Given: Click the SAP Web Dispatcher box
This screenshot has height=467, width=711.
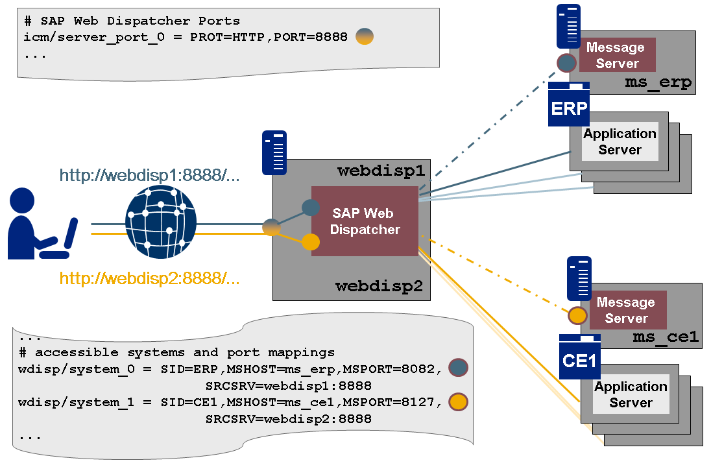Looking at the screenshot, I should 365,221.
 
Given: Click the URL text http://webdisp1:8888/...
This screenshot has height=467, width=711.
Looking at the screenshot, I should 150,175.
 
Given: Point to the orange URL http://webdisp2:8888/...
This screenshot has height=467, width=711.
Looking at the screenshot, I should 150,279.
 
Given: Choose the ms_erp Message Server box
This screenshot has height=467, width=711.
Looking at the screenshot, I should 617,55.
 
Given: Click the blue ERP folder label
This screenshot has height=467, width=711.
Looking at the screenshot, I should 569,108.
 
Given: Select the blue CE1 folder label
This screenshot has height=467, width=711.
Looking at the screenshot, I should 579,361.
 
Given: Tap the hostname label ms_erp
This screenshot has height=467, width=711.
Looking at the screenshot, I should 658,83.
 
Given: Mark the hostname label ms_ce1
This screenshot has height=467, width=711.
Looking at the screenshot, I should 665,337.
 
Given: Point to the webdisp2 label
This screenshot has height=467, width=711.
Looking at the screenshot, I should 379,285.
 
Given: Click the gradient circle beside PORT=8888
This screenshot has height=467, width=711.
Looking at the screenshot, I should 365,37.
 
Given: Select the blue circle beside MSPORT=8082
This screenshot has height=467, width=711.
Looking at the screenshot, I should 458,368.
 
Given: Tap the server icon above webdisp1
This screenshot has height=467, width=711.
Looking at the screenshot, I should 274,153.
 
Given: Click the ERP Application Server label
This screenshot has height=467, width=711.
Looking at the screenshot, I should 620,141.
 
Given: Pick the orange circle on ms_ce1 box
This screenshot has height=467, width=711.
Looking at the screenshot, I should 578,316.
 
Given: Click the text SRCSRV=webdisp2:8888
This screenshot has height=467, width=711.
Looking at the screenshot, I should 288,419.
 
